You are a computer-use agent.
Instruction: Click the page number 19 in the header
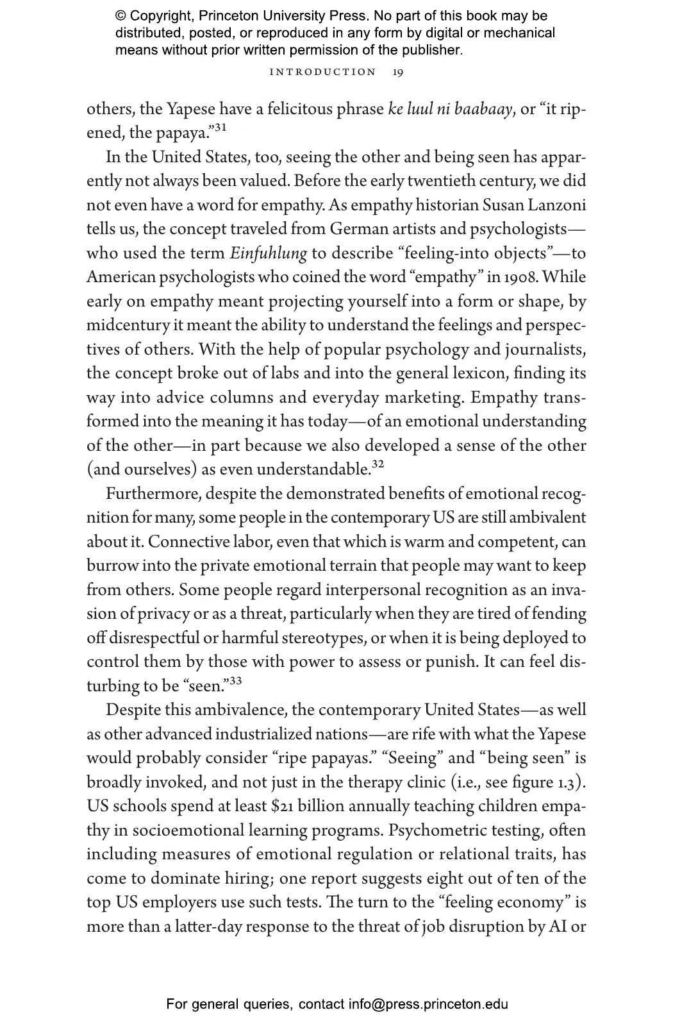pos(398,72)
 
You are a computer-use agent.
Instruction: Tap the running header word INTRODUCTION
pos(323,72)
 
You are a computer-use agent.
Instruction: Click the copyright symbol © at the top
pos(120,16)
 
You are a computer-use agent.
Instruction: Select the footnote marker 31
pos(220,128)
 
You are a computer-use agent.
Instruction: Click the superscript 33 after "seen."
pos(235,680)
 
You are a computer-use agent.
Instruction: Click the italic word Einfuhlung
pos(269,253)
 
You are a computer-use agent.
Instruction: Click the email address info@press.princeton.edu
pos(428,1004)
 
